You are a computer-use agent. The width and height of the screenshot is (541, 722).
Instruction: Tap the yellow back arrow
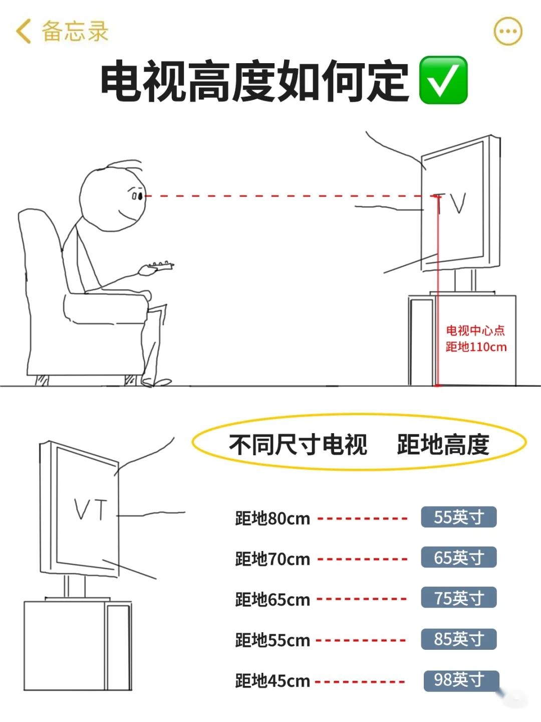pos(23,31)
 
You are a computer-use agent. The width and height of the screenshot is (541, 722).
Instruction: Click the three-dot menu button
pos(508,31)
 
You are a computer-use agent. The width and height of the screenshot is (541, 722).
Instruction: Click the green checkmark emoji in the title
pos(443,80)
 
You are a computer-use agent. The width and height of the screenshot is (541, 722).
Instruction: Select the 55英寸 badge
pos(458,517)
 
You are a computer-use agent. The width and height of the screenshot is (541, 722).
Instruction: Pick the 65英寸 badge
pos(458,557)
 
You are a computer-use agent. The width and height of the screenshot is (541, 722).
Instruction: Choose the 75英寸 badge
pos(458,598)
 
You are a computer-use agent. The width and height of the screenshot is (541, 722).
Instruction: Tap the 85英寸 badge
pos(458,639)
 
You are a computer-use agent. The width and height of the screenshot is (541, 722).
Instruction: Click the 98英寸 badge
pos(461,680)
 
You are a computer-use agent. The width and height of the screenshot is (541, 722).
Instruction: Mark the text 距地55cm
pos(273,640)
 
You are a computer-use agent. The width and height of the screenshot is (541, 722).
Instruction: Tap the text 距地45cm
pos(273,681)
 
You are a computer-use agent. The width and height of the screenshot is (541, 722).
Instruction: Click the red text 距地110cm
pos(476,347)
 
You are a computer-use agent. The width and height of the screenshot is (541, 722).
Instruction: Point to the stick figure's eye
pos(141,197)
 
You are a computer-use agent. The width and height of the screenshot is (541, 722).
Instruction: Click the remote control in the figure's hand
pos(160,265)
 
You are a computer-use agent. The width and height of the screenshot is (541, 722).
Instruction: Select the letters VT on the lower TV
pos(90,509)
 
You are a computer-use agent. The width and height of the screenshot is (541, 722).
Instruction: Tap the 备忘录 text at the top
pos(75,31)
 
